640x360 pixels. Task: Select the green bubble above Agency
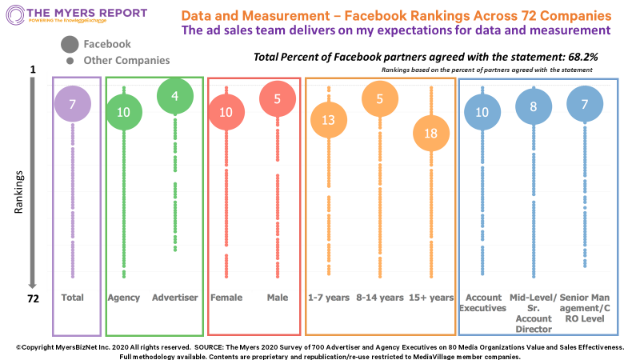[x=123, y=112]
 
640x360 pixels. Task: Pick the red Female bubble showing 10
[x=226, y=112]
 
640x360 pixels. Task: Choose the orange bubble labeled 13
[x=328, y=121]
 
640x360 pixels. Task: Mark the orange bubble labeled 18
[x=430, y=133]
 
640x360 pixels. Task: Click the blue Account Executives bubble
[x=482, y=112]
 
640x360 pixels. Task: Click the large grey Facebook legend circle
[x=70, y=45]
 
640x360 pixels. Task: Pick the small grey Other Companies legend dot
[x=70, y=61]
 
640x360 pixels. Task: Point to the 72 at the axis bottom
[x=34, y=298]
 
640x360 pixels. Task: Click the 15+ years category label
[x=431, y=298]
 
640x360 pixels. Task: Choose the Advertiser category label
[x=175, y=298]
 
